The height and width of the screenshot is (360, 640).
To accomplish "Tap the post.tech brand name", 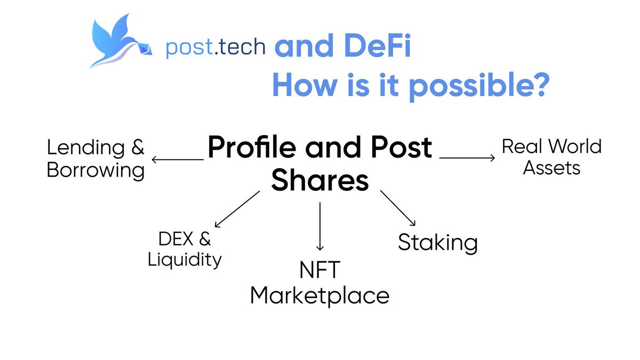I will point(215,47).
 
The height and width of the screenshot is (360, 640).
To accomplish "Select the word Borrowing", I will point(96,171).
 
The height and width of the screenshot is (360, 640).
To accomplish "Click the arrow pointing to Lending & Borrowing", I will point(178,159).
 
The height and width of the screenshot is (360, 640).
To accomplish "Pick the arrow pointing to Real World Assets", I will point(467,157).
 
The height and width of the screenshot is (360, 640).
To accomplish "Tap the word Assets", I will point(551,168).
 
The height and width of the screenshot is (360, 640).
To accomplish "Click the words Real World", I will point(551,146).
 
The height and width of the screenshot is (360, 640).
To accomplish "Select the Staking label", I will point(437,243).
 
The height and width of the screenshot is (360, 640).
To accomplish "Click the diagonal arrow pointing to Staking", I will point(397,209).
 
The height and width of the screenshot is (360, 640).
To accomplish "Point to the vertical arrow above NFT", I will point(320,226).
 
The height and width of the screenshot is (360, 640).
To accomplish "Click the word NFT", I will point(319,270).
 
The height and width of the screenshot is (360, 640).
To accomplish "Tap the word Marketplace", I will point(319,295).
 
